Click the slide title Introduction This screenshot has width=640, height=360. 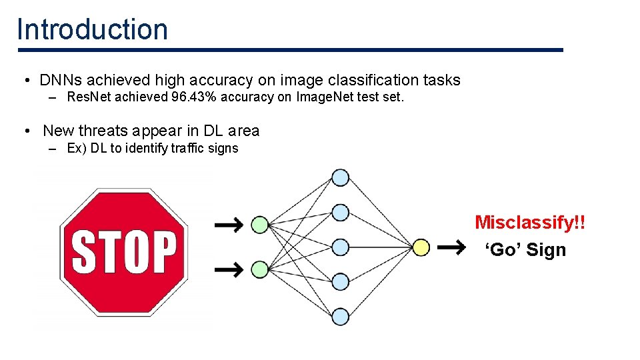pos(92,29)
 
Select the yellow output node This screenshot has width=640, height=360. pos(421,247)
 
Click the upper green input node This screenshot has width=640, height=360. pos(260,225)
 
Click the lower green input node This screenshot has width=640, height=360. pos(260,269)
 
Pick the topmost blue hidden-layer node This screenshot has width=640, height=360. pos(341,177)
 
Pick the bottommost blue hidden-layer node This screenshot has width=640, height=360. pos(341,317)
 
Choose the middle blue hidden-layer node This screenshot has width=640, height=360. pos(341,247)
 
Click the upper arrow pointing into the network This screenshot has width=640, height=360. pos(228,225)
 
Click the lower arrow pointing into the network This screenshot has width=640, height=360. pos(228,269)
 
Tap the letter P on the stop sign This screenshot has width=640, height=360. pos(162,252)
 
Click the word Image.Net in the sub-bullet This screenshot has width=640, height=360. pos(320,97)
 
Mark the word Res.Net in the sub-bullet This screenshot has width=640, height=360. pos(89,97)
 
